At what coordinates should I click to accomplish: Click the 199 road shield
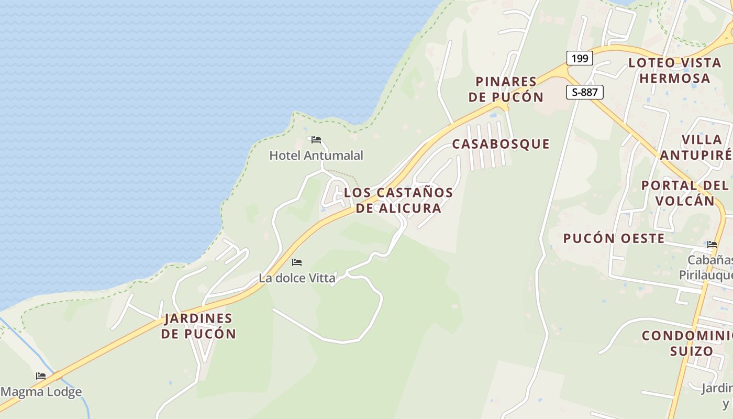click(x=580, y=58)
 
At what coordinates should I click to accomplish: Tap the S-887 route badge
click(x=585, y=93)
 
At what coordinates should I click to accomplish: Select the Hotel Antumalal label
click(x=316, y=156)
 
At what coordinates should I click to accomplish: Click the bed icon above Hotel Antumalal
click(x=316, y=140)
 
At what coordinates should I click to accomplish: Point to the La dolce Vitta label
click(x=297, y=278)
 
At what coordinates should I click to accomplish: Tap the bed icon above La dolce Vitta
click(x=297, y=262)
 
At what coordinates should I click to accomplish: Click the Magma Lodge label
click(x=41, y=392)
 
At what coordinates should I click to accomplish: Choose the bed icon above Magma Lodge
click(x=41, y=376)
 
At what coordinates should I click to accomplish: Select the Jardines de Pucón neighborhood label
click(x=198, y=326)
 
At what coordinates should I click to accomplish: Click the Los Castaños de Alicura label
click(x=398, y=200)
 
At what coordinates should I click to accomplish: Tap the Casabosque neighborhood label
click(x=501, y=144)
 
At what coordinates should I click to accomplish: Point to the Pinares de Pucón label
click(x=506, y=89)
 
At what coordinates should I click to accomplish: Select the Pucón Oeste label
click(x=614, y=238)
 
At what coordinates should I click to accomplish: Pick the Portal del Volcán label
click(x=685, y=193)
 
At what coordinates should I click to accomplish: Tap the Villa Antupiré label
click(x=696, y=147)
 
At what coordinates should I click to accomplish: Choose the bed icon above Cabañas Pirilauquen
click(x=712, y=245)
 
